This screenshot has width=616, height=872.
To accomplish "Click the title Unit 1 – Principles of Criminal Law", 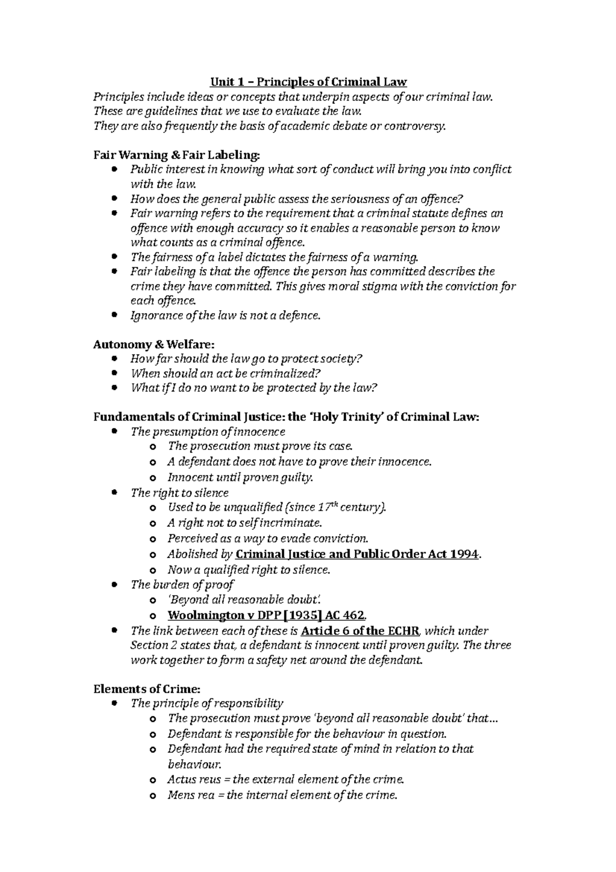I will (308, 82).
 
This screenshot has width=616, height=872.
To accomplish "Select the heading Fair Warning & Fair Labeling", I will (177, 155).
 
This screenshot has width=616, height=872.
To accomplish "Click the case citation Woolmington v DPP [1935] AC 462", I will (266, 615).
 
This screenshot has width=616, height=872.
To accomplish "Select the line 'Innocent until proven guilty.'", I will (240, 477).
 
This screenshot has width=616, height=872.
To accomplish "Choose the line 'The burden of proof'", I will (182, 584).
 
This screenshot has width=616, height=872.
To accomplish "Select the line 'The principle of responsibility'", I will (207, 703).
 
